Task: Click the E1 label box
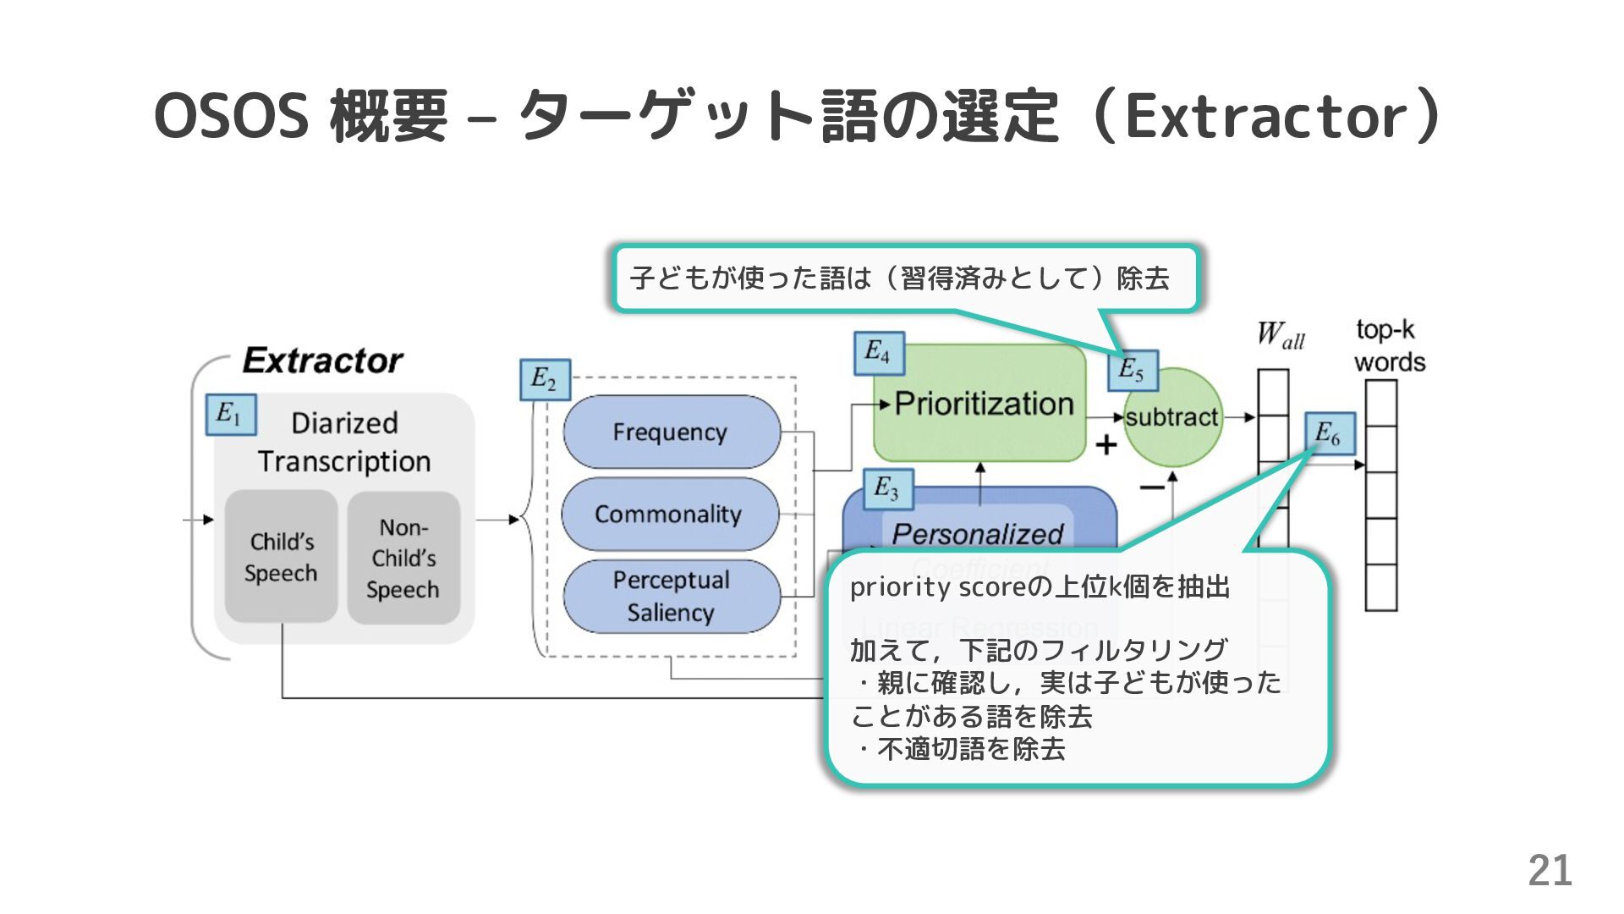231,414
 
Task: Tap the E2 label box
545,380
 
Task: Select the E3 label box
888,489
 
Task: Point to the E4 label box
879,352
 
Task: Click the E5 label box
1133,370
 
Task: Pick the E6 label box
1330,433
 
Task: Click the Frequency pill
671,432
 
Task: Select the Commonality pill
669,514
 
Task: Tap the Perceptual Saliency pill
671,596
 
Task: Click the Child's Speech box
282,557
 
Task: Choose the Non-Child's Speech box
403,559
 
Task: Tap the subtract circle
1172,417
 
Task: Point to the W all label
1280,335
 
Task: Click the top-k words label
1389,345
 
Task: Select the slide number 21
1550,870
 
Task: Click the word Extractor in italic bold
322,361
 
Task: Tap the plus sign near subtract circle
1106,444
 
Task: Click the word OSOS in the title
231,116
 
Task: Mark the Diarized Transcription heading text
344,442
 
